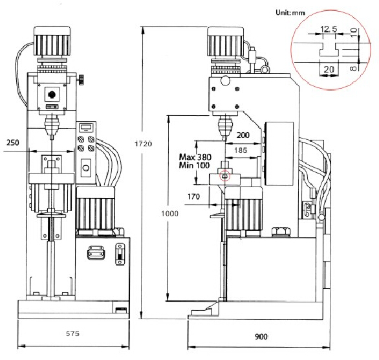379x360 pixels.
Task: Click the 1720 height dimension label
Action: pyautogui.click(x=143, y=144)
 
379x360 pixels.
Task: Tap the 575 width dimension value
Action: pyautogui.click(x=72, y=333)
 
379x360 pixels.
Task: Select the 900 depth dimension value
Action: pyautogui.click(x=261, y=337)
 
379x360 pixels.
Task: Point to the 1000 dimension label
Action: pyautogui.click(x=169, y=214)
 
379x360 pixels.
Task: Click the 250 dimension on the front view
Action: pyautogui.click(x=12, y=142)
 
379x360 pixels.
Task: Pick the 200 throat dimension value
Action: pyautogui.click(x=243, y=135)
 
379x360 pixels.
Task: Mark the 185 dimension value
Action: pyautogui.click(x=241, y=150)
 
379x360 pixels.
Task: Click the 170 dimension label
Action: pyautogui.click(x=193, y=196)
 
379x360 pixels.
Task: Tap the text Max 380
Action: pyautogui.click(x=195, y=157)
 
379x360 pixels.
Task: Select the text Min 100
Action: pyautogui.click(x=194, y=166)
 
